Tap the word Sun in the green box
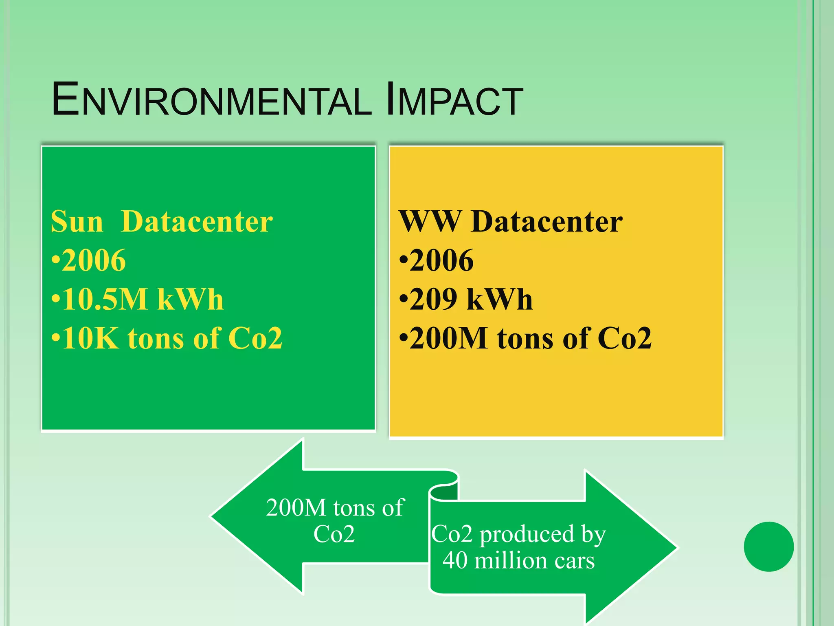click(x=77, y=222)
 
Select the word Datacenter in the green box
click(x=197, y=222)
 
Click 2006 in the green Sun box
click(x=94, y=261)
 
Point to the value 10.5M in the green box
click(x=105, y=300)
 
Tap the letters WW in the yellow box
click(x=429, y=222)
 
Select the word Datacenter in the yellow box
click(x=546, y=222)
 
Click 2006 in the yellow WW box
click(x=441, y=261)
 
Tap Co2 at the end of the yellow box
click(x=625, y=338)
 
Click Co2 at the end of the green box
click(x=255, y=338)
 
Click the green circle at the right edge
click(x=768, y=547)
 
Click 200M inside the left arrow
click(x=296, y=508)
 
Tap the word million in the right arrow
click(x=511, y=560)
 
